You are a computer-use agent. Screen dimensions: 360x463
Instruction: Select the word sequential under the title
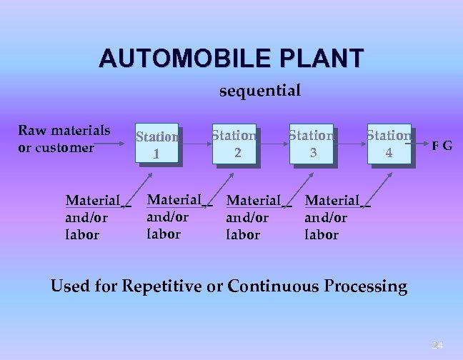[259, 91]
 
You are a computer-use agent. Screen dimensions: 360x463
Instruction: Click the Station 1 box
[156, 144]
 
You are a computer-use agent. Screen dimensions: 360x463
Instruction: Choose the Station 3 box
[312, 143]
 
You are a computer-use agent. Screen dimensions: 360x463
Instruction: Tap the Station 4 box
[389, 143]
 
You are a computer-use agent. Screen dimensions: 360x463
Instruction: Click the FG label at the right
[441, 146]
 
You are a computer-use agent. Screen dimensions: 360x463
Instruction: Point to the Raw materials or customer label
[64, 139]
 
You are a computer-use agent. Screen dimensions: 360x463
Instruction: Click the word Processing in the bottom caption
[365, 287]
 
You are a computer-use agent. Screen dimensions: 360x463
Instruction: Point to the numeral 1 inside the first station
[156, 154]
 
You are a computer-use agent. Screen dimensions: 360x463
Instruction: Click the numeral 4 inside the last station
[389, 152]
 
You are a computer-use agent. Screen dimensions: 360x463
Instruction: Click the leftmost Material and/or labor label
[94, 217]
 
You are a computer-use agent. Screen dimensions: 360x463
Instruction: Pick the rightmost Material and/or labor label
[333, 217]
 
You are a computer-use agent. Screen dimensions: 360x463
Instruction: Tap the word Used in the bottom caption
[69, 287]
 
